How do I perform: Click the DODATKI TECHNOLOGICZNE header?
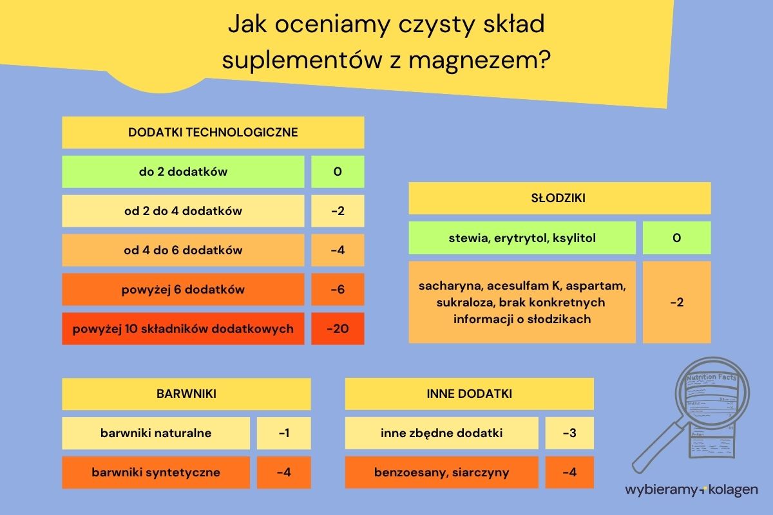213,133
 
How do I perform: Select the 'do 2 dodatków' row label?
183,172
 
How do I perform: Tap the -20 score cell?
338,329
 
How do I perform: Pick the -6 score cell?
338,290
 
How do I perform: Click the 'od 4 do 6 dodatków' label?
183,250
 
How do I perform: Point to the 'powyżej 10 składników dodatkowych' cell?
183,329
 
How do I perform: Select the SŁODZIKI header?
559,198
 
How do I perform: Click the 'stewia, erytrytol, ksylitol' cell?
522,238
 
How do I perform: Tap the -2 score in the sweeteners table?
676,302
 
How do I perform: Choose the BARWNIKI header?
186,394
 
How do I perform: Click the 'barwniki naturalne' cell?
156,433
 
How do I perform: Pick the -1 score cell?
283,433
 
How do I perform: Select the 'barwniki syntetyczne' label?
156,473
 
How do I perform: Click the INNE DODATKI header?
469,394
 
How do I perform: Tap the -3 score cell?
569,433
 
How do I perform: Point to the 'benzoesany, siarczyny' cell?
441,473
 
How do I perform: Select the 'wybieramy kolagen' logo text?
691,490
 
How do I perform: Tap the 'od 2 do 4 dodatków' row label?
183,211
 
